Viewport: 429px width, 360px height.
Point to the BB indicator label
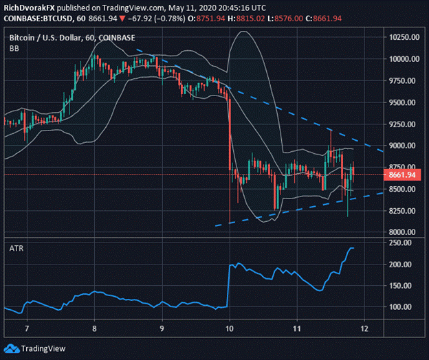[14, 49]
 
